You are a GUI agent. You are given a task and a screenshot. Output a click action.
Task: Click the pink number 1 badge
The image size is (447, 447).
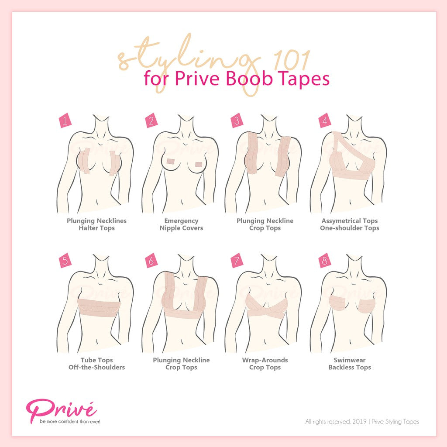65,121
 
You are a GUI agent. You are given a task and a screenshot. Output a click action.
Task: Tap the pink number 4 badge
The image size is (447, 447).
325,121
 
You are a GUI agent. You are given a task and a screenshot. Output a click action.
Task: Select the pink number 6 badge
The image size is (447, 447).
151,261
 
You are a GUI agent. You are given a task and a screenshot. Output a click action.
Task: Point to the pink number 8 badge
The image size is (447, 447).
325,261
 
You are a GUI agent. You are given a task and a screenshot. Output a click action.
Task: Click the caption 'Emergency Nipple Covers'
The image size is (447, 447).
181,224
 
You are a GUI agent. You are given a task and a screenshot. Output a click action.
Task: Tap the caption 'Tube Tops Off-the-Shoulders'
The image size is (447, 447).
96,364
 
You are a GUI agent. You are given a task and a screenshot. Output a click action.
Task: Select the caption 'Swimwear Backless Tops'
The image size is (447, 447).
350,364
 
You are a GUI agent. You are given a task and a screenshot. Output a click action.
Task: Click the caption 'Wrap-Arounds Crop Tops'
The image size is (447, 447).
265,364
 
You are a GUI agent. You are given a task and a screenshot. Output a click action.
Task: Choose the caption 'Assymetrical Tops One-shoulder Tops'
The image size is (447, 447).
350,224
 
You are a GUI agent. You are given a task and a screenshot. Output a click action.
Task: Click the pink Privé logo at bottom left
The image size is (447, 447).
61,408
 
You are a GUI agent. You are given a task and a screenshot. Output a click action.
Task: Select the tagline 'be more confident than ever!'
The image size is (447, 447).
70,421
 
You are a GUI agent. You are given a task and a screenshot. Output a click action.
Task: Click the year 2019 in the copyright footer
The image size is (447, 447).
359,421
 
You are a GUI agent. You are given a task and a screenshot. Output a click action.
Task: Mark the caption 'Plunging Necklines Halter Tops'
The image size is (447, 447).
96,224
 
